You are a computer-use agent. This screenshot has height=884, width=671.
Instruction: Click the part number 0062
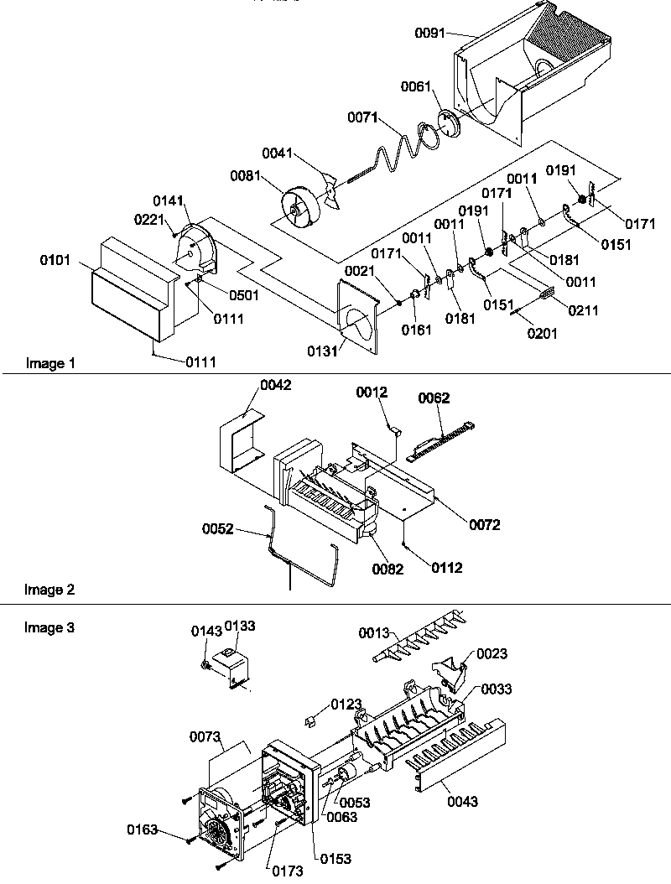[x=435, y=400]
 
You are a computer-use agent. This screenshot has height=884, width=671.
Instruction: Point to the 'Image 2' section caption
[x=49, y=590]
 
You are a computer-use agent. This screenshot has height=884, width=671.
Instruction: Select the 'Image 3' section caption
[x=49, y=627]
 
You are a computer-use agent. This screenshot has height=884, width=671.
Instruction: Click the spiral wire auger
[x=394, y=151]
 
